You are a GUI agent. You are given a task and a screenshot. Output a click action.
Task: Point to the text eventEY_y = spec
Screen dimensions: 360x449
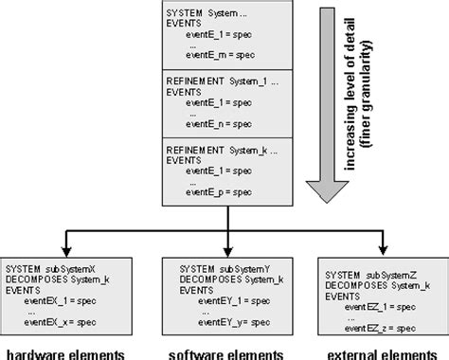pos(224,322)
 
